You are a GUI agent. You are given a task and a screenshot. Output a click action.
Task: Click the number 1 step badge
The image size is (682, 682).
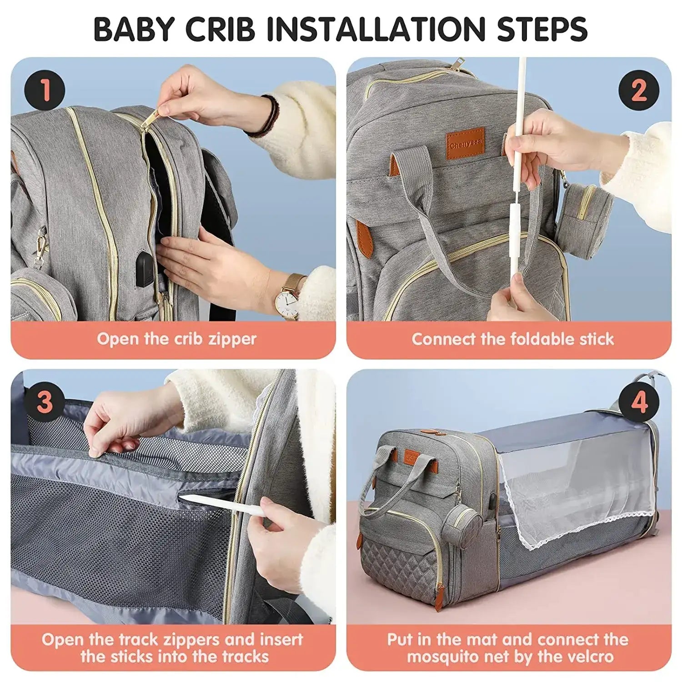click(45, 90)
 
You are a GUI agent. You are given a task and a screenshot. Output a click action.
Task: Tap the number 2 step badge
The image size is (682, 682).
click(638, 90)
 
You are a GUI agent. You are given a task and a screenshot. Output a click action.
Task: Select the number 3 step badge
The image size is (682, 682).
click(45, 402)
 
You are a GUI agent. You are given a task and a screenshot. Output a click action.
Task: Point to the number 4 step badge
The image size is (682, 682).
click(638, 402)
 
